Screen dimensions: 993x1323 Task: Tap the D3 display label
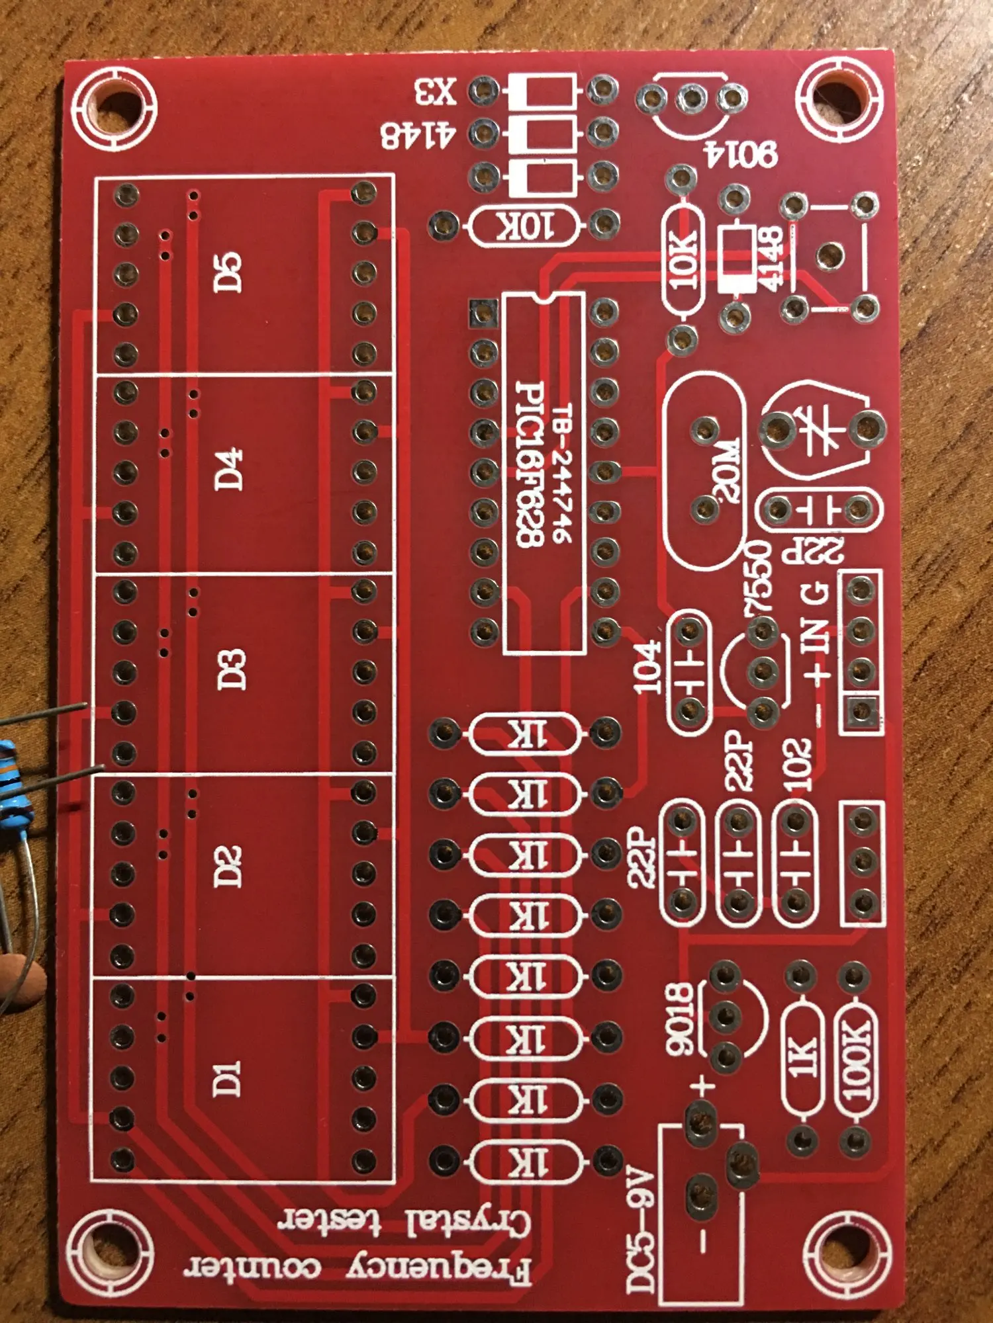pos(231,669)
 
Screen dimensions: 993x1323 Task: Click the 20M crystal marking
pos(725,470)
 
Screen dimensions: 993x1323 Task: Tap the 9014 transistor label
pos(741,153)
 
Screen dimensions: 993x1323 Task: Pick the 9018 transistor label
pos(680,1019)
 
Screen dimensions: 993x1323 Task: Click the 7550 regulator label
pos(759,577)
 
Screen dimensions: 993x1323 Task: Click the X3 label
pos(436,92)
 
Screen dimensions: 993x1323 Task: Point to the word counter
pos(252,1267)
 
